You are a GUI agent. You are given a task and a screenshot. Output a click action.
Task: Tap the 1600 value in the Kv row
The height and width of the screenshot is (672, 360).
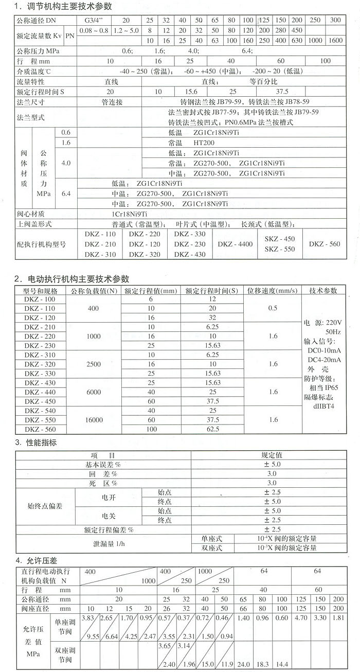click(x=335, y=40)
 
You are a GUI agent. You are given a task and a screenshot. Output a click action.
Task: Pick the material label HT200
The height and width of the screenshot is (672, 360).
click(x=203, y=143)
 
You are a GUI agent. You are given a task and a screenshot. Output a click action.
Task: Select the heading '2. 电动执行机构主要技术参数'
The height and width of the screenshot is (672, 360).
click(x=71, y=278)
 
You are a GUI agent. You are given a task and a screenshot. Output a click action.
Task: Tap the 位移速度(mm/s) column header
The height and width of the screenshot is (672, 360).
click(x=273, y=291)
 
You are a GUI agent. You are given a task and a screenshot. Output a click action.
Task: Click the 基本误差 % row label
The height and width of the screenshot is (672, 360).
click(x=103, y=464)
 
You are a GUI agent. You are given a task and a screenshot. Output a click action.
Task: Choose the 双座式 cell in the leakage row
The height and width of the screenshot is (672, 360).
click(x=211, y=549)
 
